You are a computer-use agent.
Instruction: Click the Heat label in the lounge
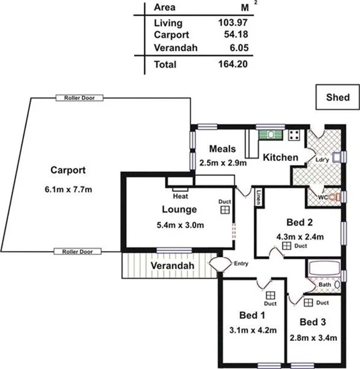(x=179, y=197)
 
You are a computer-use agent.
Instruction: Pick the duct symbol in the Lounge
(x=223, y=209)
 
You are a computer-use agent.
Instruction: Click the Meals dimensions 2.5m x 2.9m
(x=224, y=162)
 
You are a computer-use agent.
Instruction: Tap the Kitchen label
(x=280, y=157)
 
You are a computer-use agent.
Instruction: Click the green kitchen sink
(x=271, y=134)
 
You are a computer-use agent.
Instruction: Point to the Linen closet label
(x=259, y=195)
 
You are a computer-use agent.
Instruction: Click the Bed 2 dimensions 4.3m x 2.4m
(x=300, y=236)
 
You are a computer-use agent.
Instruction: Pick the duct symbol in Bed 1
(x=269, y=295)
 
